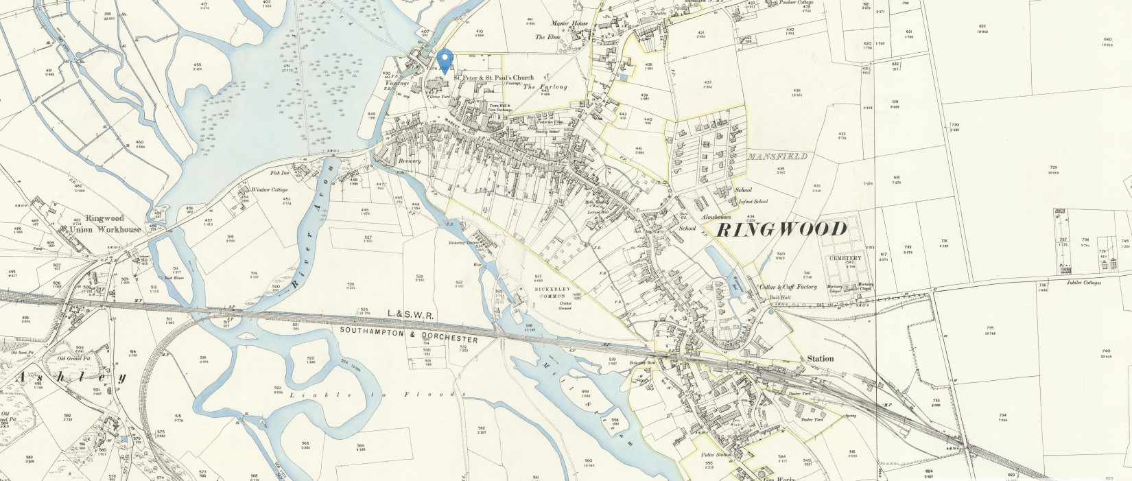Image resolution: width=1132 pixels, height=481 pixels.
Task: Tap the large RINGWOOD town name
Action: point(781,229)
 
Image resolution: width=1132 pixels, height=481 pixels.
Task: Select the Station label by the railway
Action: point(820,358)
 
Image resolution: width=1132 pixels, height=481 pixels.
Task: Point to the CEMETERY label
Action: point(844,257)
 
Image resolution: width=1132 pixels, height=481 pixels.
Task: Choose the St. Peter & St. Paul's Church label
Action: point(493,78)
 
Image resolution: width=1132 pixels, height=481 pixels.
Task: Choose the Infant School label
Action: point(753,202)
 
